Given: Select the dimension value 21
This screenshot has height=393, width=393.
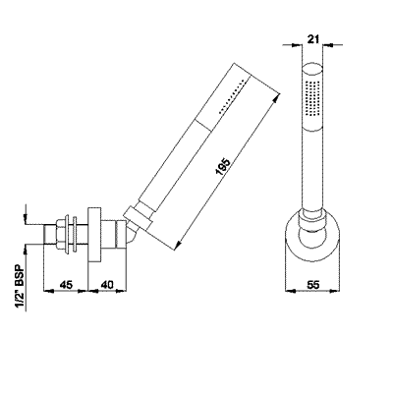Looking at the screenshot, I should [x=311, y=40].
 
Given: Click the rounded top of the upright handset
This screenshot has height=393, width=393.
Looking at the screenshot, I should [x=311, y=67].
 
